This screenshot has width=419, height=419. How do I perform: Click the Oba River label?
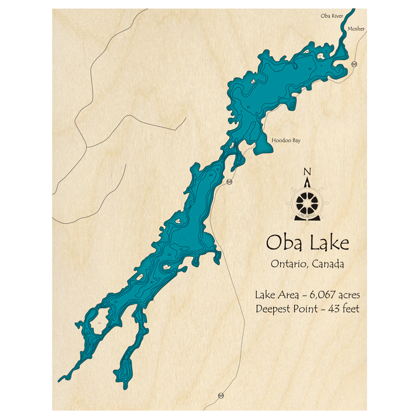pyautogui.click(x=332, y=16)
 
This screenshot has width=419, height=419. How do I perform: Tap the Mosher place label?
pyautogui.click(x=356, y=29)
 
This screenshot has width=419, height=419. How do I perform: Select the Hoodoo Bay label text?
pyautogui.click(x=286, y=141)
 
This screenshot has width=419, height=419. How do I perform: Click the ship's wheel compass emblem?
pyautogui.click(x=308, y=202)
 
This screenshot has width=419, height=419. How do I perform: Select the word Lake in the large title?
pyautogui.click(x=329, y=243)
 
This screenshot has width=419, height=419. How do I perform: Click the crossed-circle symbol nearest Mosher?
pyautogui.click(x=354, y=64)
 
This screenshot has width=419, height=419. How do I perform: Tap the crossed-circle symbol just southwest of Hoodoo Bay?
pyautogui.click(x=229, y=182)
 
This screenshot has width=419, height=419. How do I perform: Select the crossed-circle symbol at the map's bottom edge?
pyautogui.click(x=221, y=396)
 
